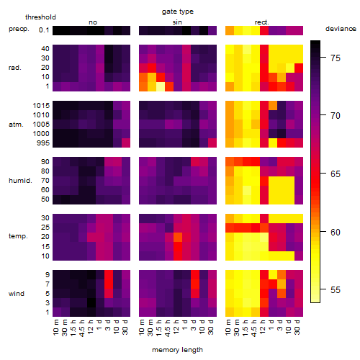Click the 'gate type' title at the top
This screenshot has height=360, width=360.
[x=178, y=12]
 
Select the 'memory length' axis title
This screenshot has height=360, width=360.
[x=177, y=350]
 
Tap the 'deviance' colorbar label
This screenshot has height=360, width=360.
[x=341, y=29]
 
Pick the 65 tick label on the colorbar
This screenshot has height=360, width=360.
[x=336, y=174]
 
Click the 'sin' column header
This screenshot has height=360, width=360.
[x=177, y=22]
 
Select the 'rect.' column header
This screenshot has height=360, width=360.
[x=261, y=22]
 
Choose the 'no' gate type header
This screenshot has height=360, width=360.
[x=93, y=22]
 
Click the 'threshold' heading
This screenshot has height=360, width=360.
[x=40, y=17]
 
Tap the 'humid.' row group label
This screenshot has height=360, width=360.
[x=20, y=181]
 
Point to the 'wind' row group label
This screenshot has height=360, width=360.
[x=17, y=294]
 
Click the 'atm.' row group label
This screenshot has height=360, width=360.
[x=16, y=125]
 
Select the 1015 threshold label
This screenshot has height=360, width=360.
[x=41, y=106]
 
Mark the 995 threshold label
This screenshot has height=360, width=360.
[x=43, y=143]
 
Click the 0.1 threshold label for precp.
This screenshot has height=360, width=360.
[x=44, y=30]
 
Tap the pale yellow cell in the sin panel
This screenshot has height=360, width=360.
[x=161, y=86]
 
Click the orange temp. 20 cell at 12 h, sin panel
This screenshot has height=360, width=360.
[x=178, y=237]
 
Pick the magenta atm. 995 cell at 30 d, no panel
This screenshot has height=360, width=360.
[x=126, y=143]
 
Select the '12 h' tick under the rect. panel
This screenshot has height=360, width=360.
[x=263, y=327]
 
